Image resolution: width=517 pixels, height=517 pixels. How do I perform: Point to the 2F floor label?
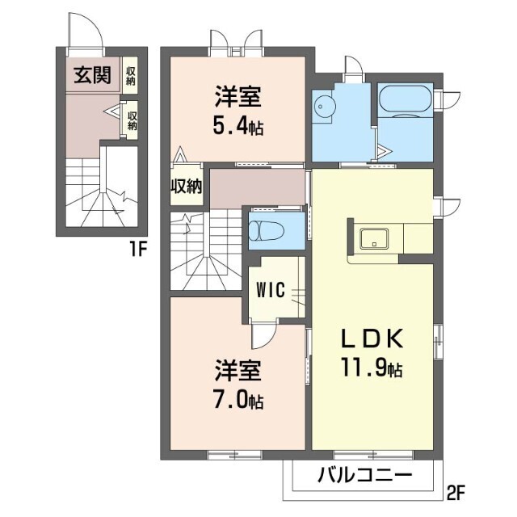[x=457, y=490]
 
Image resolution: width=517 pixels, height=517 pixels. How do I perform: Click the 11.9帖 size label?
[x=372, y=370]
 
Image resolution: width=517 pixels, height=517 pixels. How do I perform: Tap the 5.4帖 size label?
[x=237, y=127]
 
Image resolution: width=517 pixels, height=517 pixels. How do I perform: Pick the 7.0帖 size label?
[x=237, y=401]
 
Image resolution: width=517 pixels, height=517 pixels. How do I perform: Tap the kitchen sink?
[x=375, y=240]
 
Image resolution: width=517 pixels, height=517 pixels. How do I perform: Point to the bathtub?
[x=406, y=100]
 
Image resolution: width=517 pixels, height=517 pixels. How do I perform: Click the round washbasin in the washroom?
[x=325, y=107]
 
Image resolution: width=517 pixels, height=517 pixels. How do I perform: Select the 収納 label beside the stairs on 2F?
[x=185, y=187]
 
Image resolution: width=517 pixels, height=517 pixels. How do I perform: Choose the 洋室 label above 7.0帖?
[x=237, y=372]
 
